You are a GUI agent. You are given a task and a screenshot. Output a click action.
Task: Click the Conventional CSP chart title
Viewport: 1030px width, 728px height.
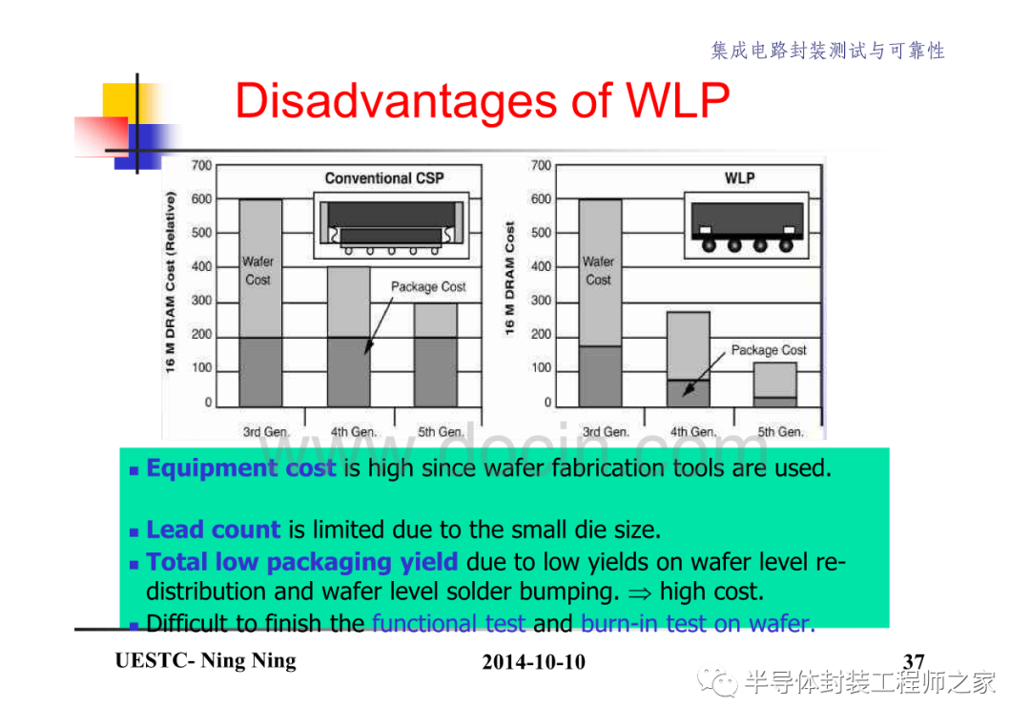point(384,178)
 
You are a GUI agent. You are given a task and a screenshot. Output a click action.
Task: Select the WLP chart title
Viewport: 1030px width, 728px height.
point(740,178)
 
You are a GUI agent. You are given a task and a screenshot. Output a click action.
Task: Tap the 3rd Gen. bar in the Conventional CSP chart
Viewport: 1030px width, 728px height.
point(260,302)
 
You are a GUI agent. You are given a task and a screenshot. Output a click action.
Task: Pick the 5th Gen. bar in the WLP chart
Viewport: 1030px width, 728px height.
point(775,385)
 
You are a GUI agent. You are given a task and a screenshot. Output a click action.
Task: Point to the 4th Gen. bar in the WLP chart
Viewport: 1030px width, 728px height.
point(689,360)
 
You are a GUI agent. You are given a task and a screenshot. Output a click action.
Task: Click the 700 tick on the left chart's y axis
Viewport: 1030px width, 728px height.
point(201,165)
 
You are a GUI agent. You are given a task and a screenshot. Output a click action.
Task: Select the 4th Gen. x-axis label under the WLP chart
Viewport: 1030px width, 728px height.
point(693,431)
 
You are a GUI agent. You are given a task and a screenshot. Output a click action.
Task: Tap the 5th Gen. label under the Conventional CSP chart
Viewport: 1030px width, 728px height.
point(441,431)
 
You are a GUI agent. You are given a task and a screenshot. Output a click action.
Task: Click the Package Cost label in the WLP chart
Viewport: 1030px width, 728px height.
point(769,350)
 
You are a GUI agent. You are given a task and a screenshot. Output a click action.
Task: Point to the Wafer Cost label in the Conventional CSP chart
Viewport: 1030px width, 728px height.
point(258,271)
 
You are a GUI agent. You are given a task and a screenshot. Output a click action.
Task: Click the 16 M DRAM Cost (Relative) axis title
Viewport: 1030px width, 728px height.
point(170,282)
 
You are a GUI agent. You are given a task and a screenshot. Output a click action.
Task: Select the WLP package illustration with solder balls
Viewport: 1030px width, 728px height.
point(747,226)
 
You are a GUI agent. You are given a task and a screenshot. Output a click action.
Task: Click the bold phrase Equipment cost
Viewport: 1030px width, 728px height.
point(241,468)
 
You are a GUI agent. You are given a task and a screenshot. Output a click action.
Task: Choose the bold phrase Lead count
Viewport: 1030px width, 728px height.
point(214,530)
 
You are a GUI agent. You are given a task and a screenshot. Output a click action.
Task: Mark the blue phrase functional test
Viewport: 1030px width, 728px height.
point(448,623)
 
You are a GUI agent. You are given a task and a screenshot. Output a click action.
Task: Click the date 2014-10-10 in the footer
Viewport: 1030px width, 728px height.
point(533,661)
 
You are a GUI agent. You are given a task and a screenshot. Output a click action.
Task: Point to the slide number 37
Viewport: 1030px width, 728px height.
point(914,660)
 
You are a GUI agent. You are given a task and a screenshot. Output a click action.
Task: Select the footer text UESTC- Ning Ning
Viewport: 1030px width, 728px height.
point(206,660)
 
